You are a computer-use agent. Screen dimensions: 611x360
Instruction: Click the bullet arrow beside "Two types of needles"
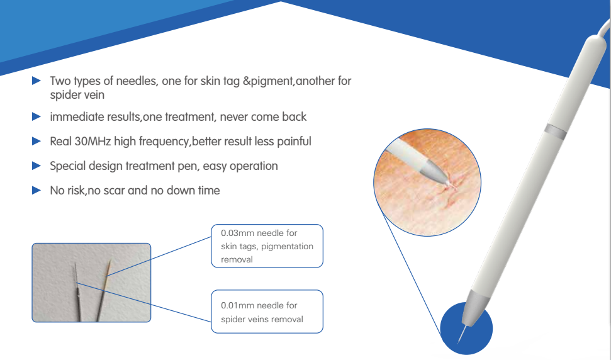[36, 81]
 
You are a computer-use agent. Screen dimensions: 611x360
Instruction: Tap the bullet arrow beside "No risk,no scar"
[36, 190]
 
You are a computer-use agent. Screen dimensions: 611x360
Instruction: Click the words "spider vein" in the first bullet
[77, 94]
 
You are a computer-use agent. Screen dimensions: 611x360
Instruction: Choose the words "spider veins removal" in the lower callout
[262, 320]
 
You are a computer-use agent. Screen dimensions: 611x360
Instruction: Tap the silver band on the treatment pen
[555, 132]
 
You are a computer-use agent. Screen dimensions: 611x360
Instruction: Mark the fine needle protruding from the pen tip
[462, 334]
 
